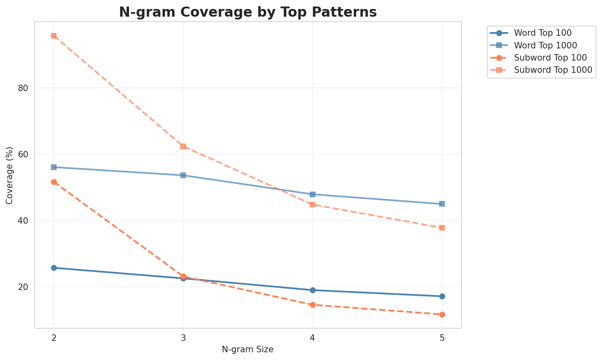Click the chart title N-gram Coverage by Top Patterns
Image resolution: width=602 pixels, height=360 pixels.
click(247, 12)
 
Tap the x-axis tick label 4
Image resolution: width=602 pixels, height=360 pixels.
click(312, 338)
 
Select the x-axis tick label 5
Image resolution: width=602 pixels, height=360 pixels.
click(442, 338)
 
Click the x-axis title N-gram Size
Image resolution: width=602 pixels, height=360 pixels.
click(247, 349)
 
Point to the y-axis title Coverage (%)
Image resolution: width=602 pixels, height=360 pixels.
click(9, 175)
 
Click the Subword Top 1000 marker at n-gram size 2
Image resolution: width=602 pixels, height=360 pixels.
click(54, 36)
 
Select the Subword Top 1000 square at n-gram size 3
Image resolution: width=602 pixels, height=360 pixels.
click(183, 146)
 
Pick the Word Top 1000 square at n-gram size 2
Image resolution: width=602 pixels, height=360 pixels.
click(54, 167)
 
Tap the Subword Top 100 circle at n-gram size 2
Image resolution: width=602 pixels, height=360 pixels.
click(54, 182)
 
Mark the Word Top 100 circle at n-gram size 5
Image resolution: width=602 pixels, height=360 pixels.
click(442, 296)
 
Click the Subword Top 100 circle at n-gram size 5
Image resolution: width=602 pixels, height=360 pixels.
click(442, 314)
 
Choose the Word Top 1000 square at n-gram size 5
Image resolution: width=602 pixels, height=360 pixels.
click(442, 204)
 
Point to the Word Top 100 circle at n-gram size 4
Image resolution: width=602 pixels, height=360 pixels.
click(313, 290)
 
